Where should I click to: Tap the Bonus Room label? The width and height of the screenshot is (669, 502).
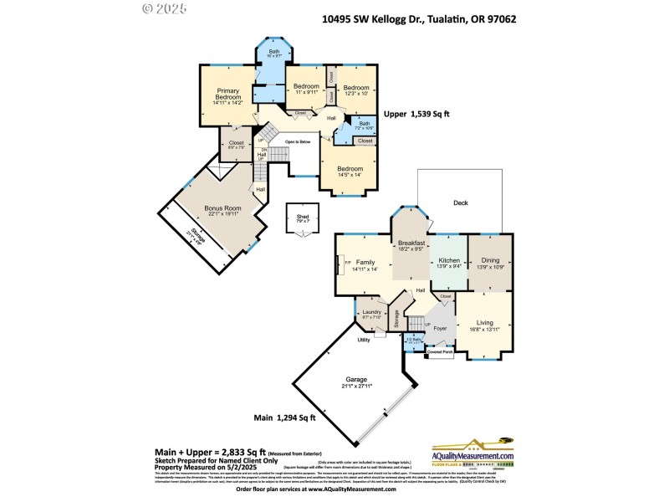[x=222, y=210]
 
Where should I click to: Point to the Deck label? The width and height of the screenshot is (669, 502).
[x=461, y=202]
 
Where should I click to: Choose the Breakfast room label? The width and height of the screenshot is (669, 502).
[x=411, y=245]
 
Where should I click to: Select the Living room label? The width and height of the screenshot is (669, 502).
[x=484, y=325]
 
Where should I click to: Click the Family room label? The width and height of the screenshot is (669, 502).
[x=365, y=264]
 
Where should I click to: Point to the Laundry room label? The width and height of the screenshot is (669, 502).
[x=372, y=315]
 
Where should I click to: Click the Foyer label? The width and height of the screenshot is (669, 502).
[x=440, y=330]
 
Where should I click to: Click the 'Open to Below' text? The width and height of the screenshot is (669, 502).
[x=297, y=142]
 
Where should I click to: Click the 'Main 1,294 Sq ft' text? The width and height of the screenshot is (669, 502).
[x=285, y=417]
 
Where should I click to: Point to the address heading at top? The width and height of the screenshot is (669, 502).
[x=414, y=18]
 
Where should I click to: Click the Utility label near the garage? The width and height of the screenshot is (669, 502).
[x=365, y=340]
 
